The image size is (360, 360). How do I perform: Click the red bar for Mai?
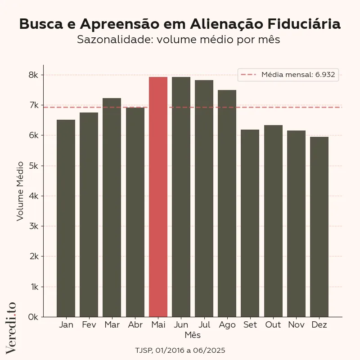[x=158, y=197]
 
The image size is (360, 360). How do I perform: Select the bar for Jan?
[x=66, y=218]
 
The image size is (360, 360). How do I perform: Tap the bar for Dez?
[x=319, y=227]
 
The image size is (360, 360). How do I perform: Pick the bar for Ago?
[x=227, y=203]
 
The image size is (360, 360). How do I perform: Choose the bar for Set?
[x=250, y=223]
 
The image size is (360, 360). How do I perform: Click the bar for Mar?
[x=112, y=207]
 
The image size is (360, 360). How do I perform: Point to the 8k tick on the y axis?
[x=33, y=75]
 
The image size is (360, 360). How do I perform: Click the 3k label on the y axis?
[x=33, y=226]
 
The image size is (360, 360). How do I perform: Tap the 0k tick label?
[x=33, y=317]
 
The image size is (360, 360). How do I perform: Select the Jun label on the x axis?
[x=181, y=325]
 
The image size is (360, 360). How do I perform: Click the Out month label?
[x=273, y=325]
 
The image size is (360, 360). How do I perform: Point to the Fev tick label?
[x=89, y=325]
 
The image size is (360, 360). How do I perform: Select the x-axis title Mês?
[x=193, y=335]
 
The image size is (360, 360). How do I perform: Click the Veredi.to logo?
[x=11, y=327]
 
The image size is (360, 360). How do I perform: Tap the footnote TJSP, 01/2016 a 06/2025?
[x=180, y=350]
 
